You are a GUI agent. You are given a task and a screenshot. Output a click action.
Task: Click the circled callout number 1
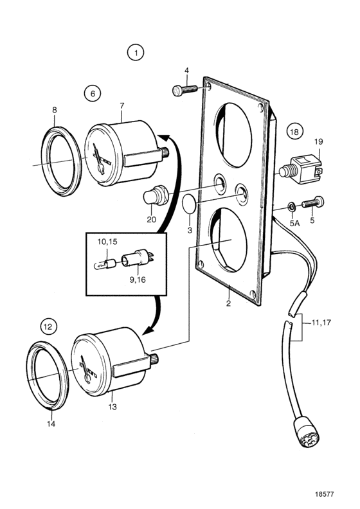136,53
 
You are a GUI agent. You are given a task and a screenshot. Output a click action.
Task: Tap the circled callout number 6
93,93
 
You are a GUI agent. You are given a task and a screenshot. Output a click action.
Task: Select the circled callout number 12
48,326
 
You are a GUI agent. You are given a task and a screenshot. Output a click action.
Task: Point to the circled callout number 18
294,132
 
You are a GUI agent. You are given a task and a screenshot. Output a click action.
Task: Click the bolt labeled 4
185,89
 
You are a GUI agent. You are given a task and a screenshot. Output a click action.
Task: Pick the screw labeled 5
313,202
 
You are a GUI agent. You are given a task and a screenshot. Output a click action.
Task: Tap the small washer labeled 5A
291,206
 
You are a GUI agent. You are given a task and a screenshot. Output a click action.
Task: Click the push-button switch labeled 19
301,169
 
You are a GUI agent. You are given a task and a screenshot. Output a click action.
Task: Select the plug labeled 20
156,195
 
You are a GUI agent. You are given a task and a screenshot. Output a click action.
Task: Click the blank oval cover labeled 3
188,204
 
